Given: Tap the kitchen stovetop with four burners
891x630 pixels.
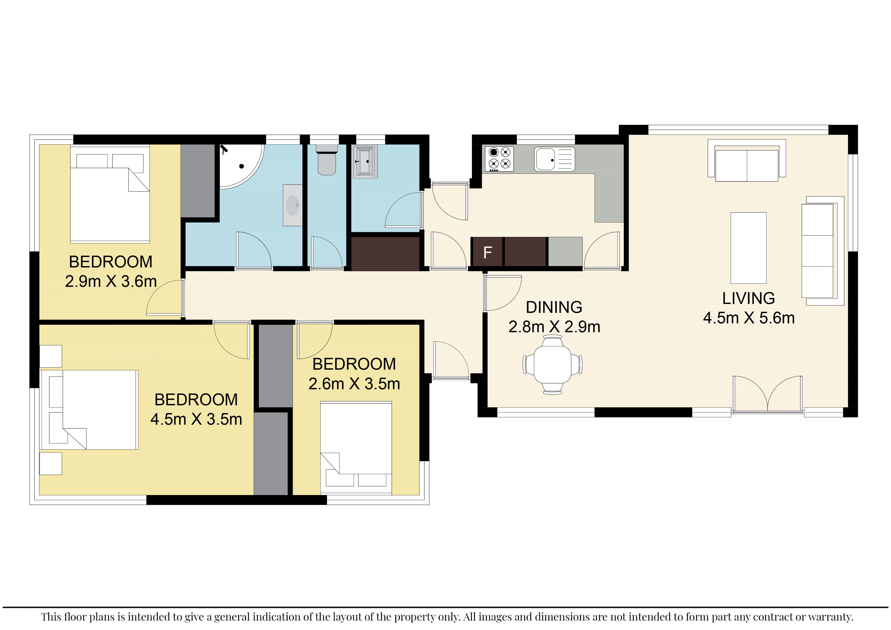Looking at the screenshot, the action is pyautogui.click(x=499, y=159).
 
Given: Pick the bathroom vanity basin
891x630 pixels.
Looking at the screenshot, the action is pyautogui.click(x=293, y=205).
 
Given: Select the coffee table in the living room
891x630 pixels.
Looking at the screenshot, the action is pyautogui.click(x=748, y=248).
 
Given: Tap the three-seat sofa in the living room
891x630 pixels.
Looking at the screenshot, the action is pyautogui.click(x=823, y=251).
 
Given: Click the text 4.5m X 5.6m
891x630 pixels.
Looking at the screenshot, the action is pyautogui.click(x=749, y=318).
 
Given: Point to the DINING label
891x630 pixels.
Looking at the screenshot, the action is pyautogui.click(x=554, y=307).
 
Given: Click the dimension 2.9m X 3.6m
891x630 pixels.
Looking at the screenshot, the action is pyautogui.click(x=111, y=281).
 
